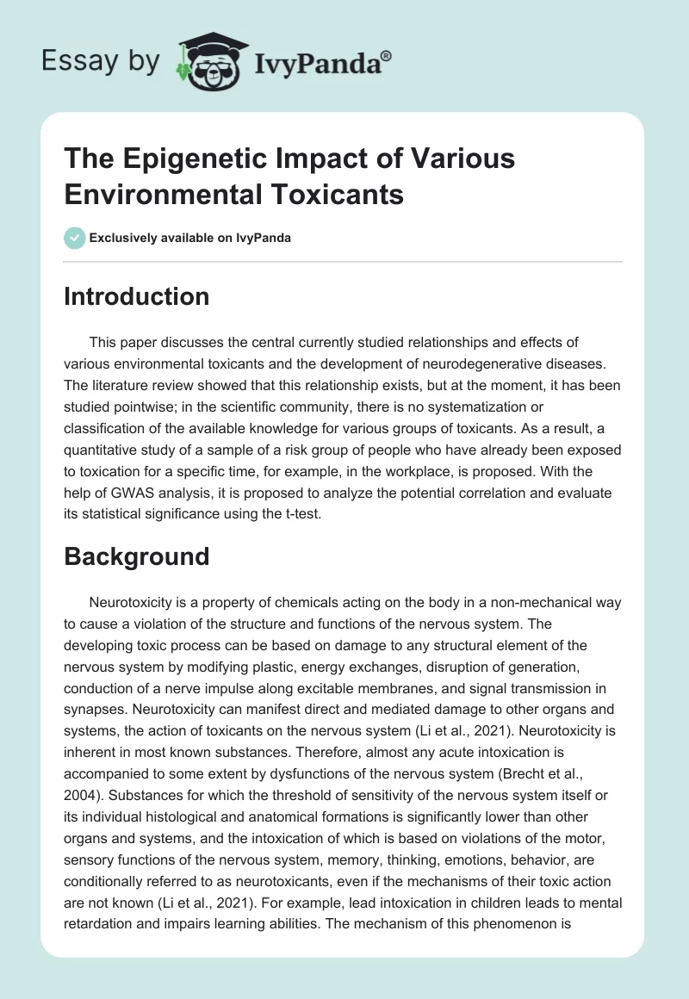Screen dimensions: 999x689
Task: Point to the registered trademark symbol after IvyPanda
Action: [387, 56]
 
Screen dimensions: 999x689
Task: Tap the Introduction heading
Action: [137, 296]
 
